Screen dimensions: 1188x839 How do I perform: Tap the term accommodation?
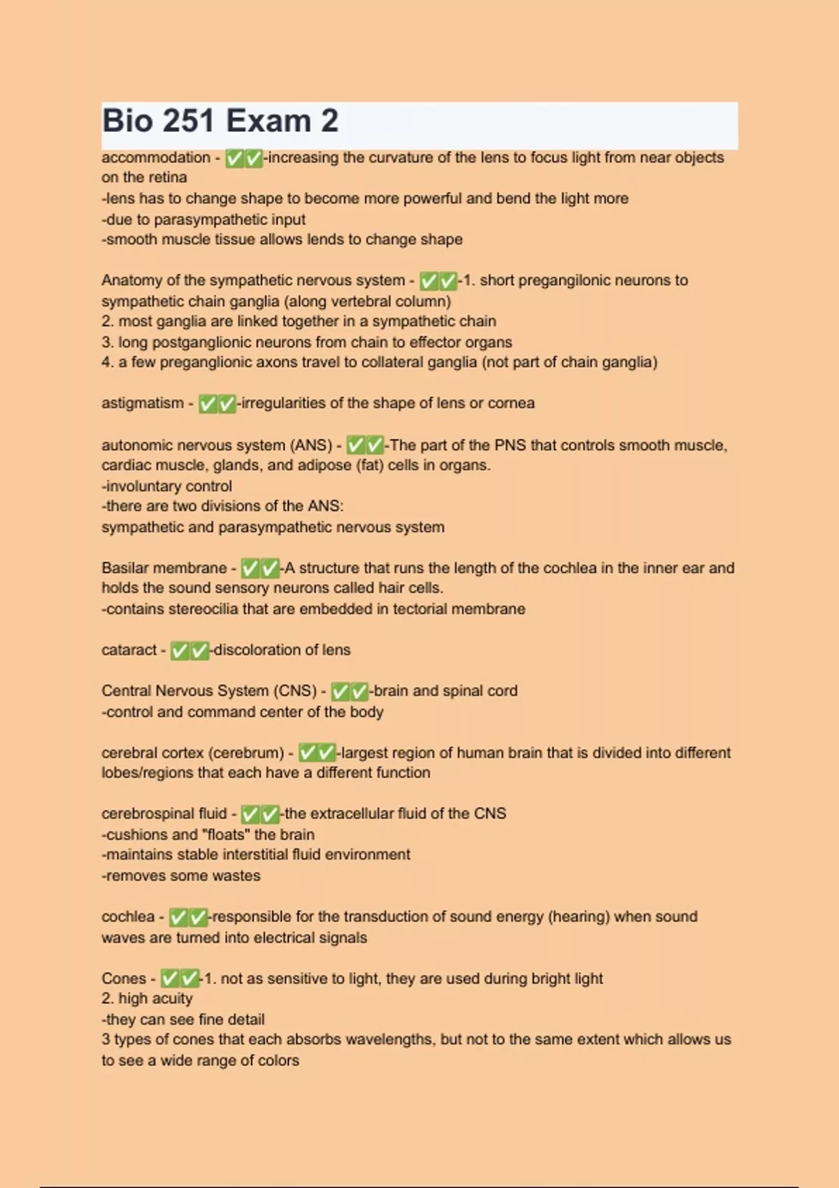(x=155, y=158)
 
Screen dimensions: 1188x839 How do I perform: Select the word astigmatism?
(x=143, y=403)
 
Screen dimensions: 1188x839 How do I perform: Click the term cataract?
(x=129, y=650)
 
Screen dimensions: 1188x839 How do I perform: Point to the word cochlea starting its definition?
(x=128, y=917)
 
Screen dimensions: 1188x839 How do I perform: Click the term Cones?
(x=124, y=979)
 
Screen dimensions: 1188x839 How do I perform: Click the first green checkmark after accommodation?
(x=235, y=159)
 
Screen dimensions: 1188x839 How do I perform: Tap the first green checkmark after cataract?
(x=180, y=651)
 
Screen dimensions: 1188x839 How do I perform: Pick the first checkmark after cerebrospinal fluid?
(x=250, y=815)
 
